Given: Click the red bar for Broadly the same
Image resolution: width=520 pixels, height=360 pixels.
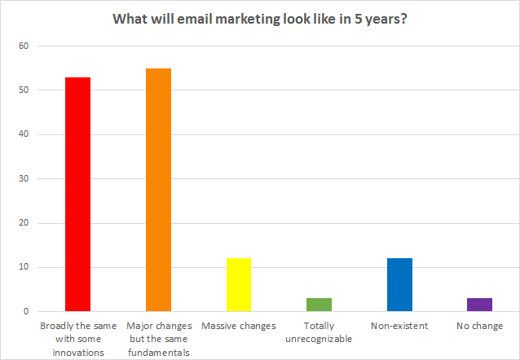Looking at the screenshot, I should pos(78,194).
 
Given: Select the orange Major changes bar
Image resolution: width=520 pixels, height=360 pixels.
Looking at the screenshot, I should pos(158,190).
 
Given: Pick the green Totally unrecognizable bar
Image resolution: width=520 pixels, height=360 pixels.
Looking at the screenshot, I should pos(319,305).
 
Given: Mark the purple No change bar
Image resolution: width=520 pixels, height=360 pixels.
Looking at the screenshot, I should pos(479,305).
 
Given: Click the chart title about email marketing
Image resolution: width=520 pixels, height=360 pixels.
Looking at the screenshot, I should pos(260,20).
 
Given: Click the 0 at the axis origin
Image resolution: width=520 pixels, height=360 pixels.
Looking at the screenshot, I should pos(26,311).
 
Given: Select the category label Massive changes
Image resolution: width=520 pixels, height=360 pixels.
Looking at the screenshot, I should pos(238,327).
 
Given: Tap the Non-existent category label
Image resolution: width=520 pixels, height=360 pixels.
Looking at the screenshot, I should pos(399,327).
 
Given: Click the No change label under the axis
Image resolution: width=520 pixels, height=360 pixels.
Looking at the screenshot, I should pos(479,327).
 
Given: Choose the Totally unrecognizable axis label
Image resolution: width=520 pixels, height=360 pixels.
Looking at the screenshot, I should pos(319,332).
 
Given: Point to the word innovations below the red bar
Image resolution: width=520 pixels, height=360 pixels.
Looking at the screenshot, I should pos(78,352).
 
